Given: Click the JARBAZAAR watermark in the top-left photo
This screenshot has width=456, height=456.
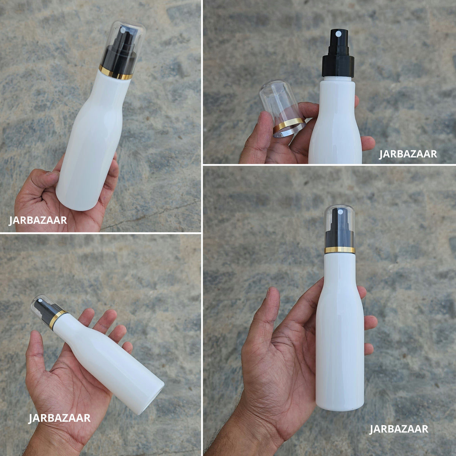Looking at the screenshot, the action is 38,220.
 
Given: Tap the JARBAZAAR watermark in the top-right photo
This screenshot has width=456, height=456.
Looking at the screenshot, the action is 408,154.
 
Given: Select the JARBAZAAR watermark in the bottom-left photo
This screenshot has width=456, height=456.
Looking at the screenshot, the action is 59,418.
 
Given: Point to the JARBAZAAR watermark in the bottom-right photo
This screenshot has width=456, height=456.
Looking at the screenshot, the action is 399,429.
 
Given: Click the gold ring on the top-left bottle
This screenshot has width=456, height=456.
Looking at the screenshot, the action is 116,73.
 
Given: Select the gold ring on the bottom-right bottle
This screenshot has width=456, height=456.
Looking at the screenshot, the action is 340,250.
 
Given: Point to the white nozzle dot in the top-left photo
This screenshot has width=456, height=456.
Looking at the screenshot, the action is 123,30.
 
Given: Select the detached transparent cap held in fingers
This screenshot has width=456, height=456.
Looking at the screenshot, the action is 283,108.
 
